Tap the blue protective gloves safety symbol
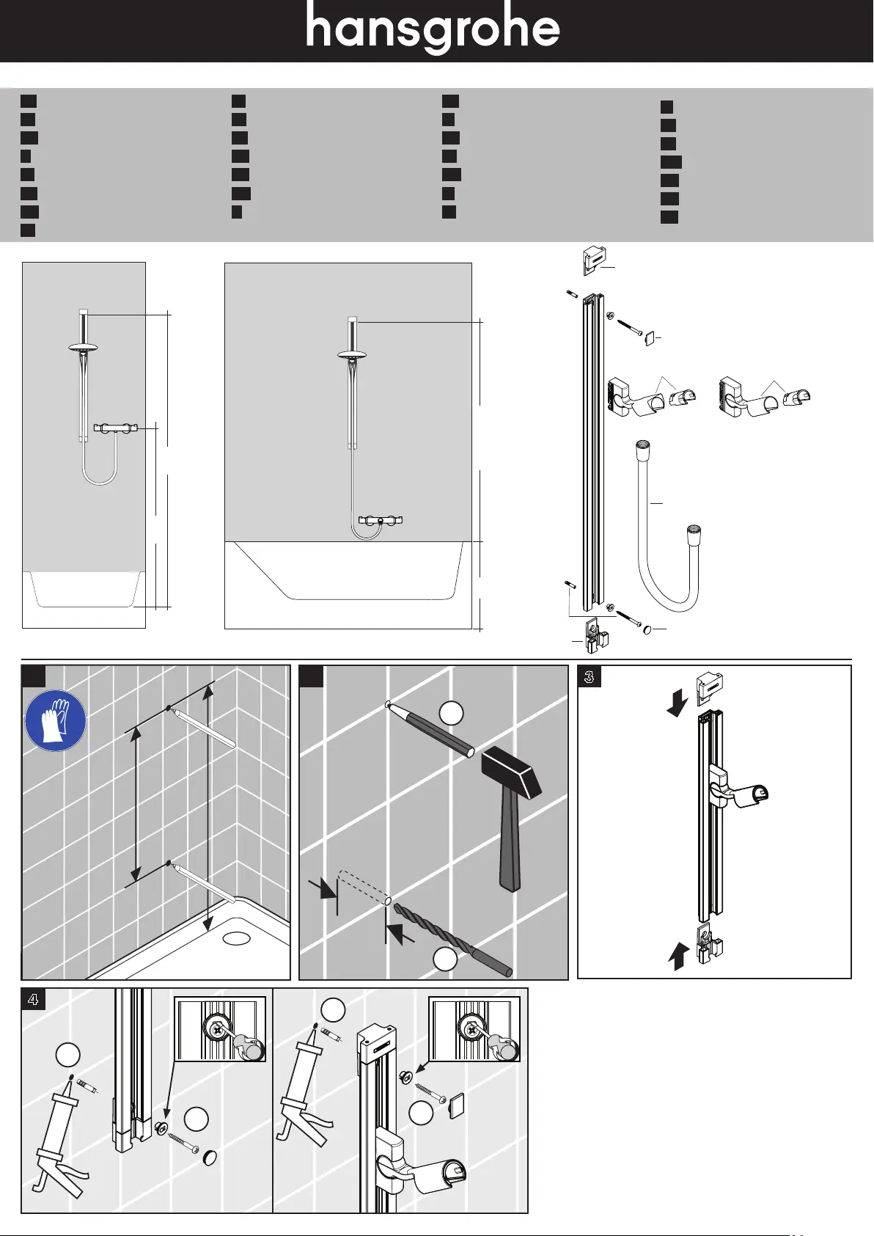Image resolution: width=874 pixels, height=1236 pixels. click(56, 720)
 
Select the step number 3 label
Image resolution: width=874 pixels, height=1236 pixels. click(590, 676)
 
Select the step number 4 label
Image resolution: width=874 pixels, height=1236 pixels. click(33, 999)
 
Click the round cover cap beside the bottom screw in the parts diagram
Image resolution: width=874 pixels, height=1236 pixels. click(647, 629)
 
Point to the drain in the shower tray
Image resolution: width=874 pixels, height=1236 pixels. click(237, 937)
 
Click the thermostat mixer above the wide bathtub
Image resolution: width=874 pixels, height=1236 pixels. click(380, 520)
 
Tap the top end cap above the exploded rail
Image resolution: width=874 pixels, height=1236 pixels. click(594, 260)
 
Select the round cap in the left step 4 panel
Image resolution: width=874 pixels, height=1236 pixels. click(210, 1158)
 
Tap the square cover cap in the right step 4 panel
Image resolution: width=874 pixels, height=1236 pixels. click(456, 1105)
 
